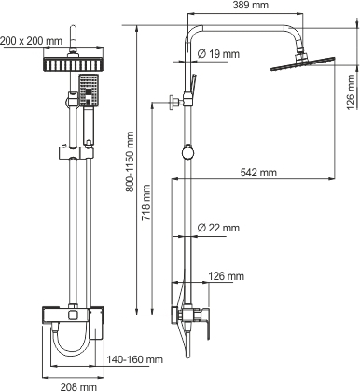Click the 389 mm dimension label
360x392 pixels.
click(250, 5)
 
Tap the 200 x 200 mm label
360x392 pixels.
click(31, 41)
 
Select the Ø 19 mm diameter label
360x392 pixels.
click(218, 54)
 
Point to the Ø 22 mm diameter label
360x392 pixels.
click(218, 228)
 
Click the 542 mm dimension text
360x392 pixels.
click(258, 172)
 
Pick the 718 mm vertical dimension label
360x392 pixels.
click(146, 203)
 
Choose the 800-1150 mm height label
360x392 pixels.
click(130, 161)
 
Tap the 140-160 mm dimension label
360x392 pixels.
click(135, 359)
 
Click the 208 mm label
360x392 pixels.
click(78, 387)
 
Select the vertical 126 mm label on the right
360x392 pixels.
click(351, 92)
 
